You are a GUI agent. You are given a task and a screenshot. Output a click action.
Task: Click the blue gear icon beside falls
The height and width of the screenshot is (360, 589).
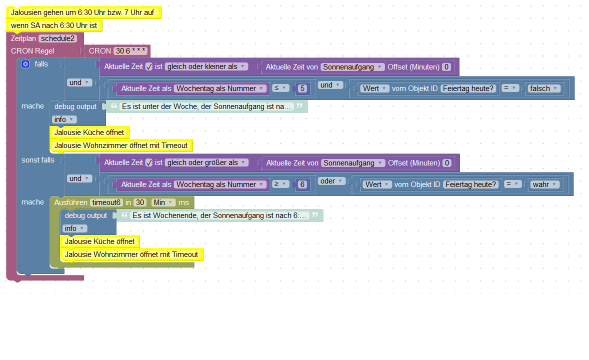coord(26,64)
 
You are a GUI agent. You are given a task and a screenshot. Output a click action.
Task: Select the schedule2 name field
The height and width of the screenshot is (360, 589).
coord(58,38)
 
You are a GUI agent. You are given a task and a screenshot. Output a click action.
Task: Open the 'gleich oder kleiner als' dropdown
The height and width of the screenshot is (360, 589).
coord(206,66)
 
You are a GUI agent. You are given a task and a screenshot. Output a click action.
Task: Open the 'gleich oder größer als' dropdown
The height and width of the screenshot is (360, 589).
coord(206,162)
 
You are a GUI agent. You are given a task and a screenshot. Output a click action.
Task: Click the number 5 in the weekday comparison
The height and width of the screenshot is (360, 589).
coord(301,88)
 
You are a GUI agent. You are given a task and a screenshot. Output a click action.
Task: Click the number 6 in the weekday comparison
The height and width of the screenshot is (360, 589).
coord(301,184)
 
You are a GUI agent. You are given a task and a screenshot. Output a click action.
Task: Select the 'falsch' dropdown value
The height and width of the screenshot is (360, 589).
coord(543,88)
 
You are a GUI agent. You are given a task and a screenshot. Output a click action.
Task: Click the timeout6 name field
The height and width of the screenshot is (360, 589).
coord(106,202)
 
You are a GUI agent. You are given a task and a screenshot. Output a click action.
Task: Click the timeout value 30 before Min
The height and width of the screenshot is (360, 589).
coord(140,202)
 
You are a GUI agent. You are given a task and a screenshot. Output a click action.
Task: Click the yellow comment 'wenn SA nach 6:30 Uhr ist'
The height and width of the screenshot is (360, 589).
coord(54,25)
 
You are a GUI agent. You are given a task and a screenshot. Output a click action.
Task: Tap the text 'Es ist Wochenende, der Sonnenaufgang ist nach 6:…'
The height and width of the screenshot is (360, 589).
coord(218,215)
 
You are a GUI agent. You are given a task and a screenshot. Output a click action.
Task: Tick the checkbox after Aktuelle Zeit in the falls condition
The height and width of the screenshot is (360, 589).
coord(148,66)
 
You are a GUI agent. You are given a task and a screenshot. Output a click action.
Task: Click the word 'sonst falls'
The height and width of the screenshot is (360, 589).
coord(38,160)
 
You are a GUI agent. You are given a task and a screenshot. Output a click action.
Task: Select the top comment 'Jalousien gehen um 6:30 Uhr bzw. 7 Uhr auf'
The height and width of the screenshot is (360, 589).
coord(82,12)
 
